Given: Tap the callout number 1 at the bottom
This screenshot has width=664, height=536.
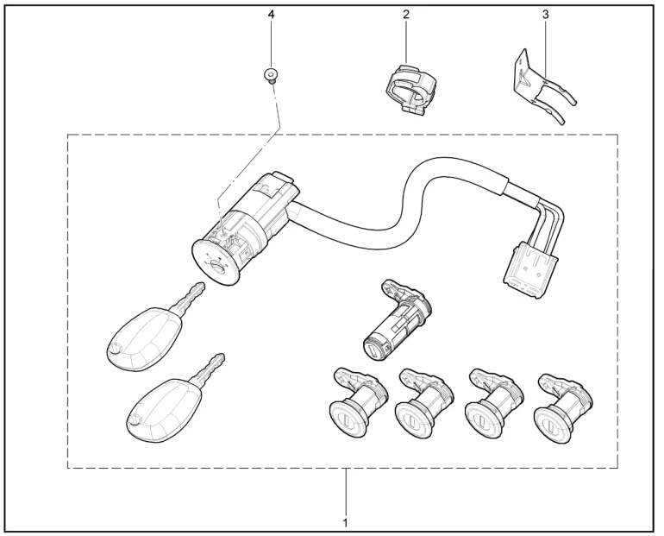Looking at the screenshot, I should pyautogui.click(x=346, y=523).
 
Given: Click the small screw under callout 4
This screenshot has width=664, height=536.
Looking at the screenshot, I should pyautogui.click(x=270, y=76).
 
